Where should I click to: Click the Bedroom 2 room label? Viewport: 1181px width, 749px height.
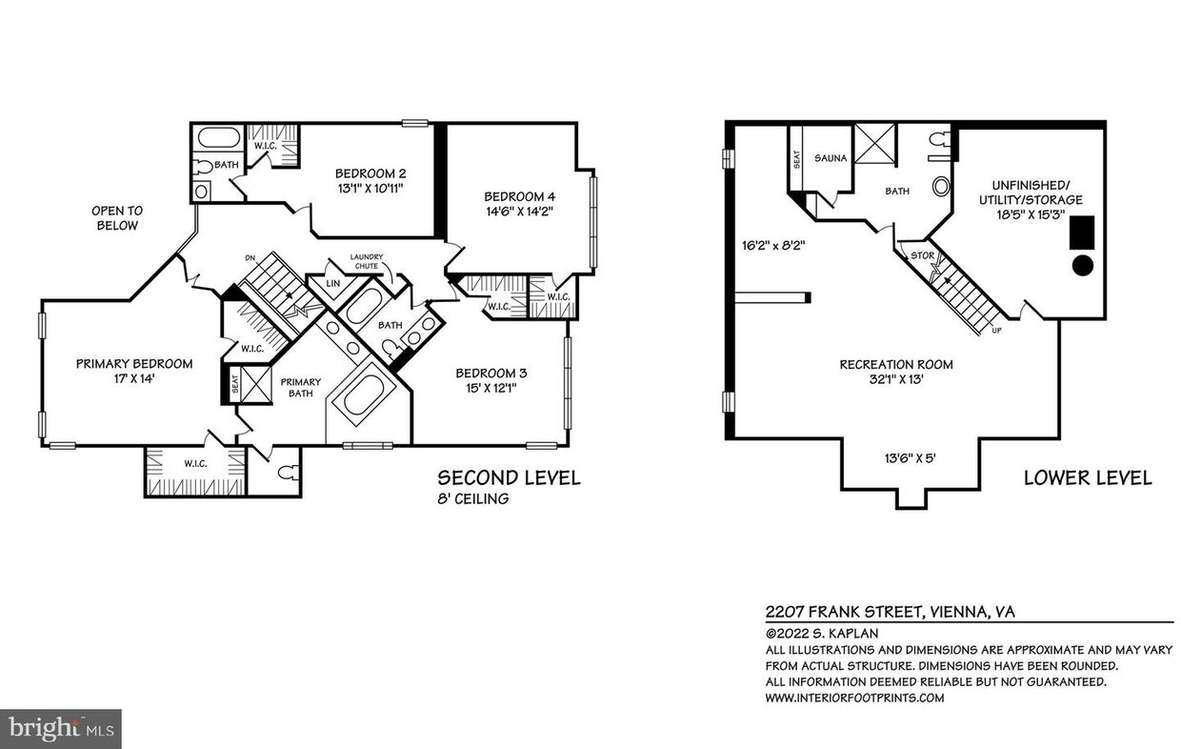[370, 173]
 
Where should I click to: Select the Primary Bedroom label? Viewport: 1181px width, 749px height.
[134, 363]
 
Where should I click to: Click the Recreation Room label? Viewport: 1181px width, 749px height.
[895, 364]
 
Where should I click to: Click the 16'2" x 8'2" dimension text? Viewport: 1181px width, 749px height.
[774, 245]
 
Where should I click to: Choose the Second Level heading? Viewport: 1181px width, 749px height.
[509, 478]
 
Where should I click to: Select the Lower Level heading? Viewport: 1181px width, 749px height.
[1088, 478]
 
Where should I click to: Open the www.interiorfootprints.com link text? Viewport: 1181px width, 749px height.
[854, 698]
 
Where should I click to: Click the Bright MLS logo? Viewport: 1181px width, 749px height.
[59, 729]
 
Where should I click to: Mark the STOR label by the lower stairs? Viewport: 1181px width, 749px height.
[922, 255]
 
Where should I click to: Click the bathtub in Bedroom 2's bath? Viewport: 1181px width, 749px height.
[218, 137]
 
